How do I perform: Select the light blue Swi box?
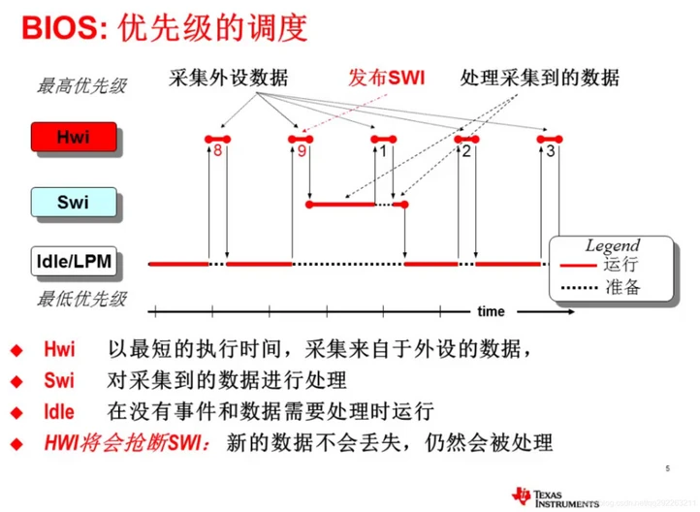click(x=73, y=203)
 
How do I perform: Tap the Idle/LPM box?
click(x=73, y=262)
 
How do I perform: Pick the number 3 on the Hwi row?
click(x=551, y=152)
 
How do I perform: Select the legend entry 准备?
click(x=621, y=287)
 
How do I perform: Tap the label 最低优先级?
click(x=81, y=298)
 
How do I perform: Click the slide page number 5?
click(x=667, y=468)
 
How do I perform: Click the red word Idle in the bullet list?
click(x=58, y=412)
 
